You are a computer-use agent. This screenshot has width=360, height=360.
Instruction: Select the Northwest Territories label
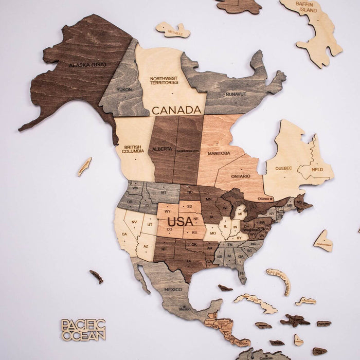[x=164, y=81]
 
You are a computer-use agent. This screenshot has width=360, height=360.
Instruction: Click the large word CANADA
[x=176, y=110]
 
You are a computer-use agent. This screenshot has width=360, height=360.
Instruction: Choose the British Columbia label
[x=133, y=150]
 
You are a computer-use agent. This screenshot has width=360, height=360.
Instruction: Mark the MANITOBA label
[x=219, y=153]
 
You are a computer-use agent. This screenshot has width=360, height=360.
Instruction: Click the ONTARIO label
[x=241, y=176]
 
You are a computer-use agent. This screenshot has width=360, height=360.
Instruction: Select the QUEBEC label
[x=283, y=168]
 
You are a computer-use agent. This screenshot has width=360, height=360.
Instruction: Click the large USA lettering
[x=181, y=222]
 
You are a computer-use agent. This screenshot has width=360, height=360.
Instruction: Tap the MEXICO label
[x=173, y=290]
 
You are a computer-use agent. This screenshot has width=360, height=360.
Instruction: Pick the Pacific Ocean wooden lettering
[x=83, y=330]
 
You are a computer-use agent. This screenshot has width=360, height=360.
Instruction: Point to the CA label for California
[x=124, y=234]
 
